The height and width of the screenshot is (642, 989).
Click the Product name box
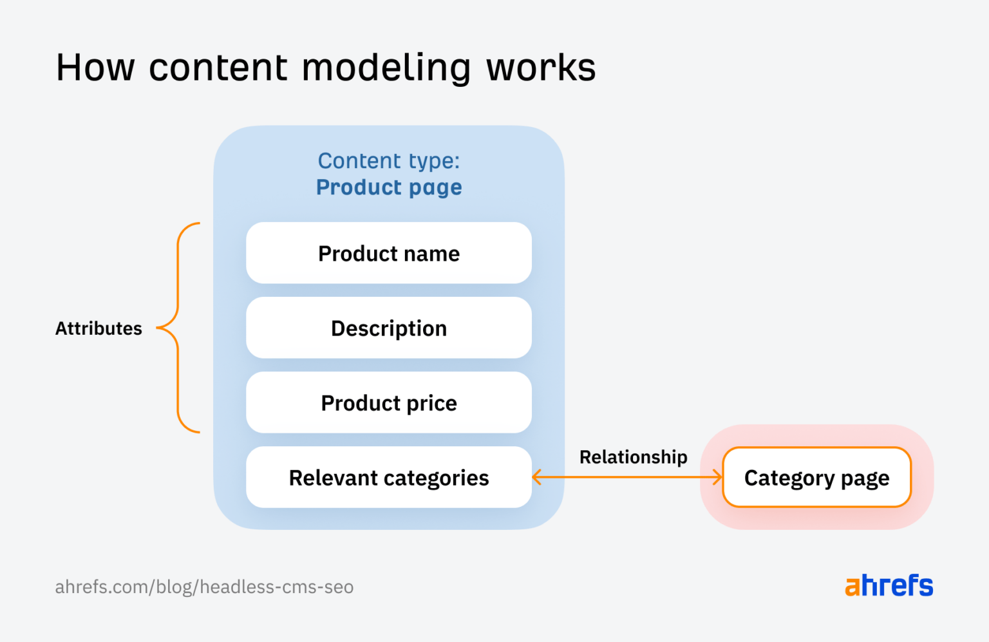[389, 253]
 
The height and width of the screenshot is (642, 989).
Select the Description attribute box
[389, 328]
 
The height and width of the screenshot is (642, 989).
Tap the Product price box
[389, 402]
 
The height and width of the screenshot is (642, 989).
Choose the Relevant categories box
[389, 477]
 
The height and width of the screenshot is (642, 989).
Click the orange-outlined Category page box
[816, 477]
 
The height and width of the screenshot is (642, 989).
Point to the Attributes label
[99, 328]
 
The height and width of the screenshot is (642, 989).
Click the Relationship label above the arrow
[633, 457]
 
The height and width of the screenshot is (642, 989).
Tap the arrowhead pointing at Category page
[717, 477]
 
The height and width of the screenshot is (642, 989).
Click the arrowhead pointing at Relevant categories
[538, 477]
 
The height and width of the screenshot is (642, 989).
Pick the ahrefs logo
[889, 585]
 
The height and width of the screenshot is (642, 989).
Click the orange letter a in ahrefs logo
[852, 587]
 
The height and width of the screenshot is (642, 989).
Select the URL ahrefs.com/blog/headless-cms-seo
[204, 587]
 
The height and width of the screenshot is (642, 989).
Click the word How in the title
[95, 67]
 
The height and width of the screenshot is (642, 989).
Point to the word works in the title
[541, 67]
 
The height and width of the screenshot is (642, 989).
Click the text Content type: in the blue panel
[389, 160]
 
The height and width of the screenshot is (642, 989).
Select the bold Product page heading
[389, 187]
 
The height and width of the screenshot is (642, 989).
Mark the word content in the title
[218, 67]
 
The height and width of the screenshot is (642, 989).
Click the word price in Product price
[431, 404]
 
